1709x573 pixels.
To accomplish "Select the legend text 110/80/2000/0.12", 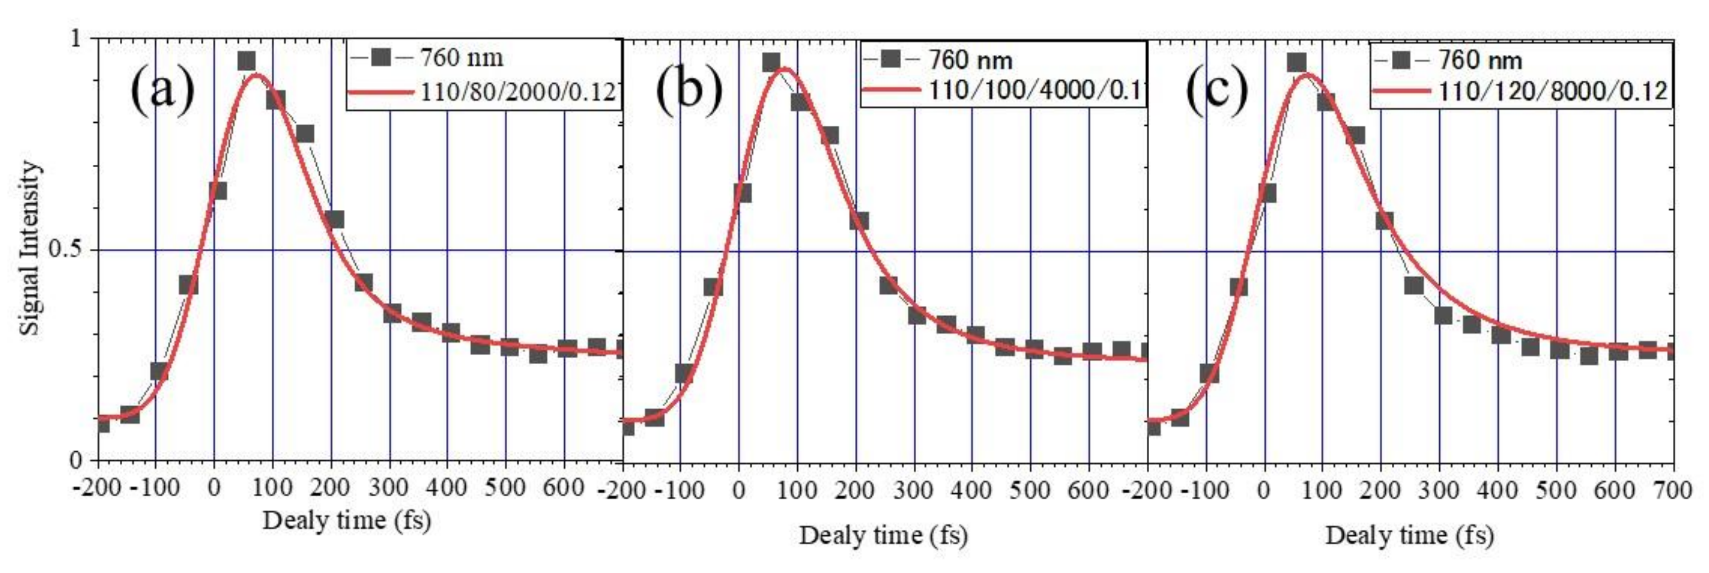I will [x=518, y=92].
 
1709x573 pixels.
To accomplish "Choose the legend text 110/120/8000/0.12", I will [x=1553, y=90].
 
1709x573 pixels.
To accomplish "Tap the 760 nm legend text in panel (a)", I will [x=462, y=58].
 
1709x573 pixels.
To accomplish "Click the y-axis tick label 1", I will [x=75, y=39].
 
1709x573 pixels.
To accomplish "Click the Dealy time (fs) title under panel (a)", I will [x=347, y=520].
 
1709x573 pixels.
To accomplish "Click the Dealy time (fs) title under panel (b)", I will [x=883, y=535].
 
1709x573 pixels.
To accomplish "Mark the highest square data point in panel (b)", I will [x=771, y=63].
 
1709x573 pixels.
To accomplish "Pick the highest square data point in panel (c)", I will [x=1296, y=63].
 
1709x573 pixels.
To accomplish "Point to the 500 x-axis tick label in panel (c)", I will [x=1556, y=491].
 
